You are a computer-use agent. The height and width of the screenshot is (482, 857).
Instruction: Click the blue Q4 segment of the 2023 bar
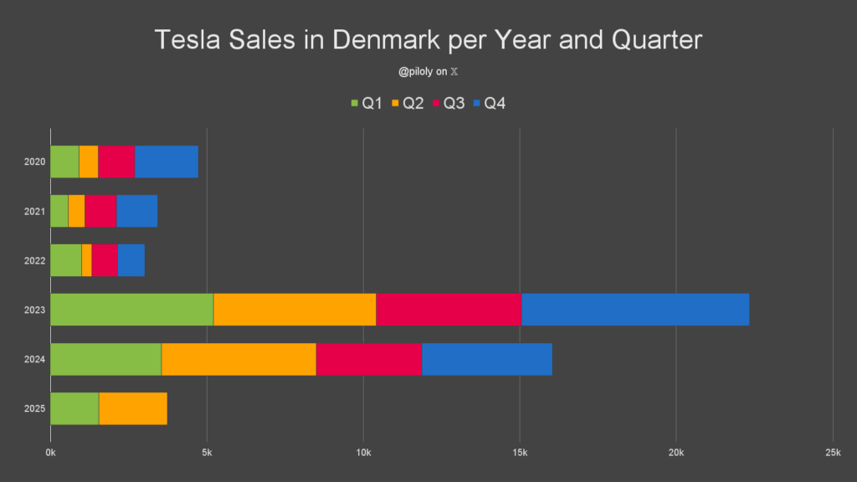634,310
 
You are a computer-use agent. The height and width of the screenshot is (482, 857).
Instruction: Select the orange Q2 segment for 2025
132,408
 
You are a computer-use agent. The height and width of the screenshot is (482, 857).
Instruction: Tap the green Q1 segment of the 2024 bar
105,359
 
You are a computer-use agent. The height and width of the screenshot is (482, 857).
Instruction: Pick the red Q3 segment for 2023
449,310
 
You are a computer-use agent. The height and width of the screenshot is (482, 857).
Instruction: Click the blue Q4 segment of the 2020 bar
166,162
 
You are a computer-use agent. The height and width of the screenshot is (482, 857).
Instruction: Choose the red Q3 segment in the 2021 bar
100,211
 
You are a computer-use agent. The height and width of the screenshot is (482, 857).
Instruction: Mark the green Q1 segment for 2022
66,260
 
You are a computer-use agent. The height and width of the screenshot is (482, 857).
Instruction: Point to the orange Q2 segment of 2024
239,359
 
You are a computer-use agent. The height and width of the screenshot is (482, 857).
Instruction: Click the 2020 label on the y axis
35,162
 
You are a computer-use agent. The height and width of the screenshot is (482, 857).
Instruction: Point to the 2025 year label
35,408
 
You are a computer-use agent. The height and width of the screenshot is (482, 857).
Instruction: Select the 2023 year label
35,310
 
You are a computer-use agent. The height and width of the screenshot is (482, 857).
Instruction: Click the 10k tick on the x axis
363,453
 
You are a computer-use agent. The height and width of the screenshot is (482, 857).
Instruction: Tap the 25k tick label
832,453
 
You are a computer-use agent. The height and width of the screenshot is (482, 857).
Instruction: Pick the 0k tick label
50,453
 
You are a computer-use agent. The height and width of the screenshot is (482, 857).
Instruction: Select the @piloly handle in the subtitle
416,72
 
